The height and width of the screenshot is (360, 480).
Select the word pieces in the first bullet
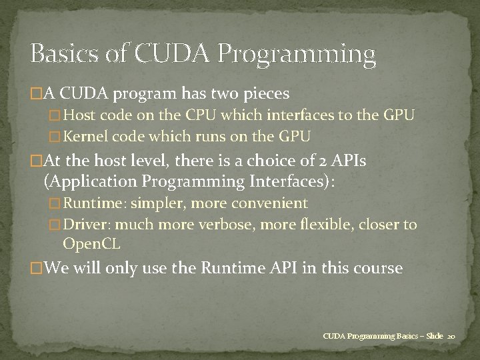[263, 93]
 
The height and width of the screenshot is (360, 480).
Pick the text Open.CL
[91, 244]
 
